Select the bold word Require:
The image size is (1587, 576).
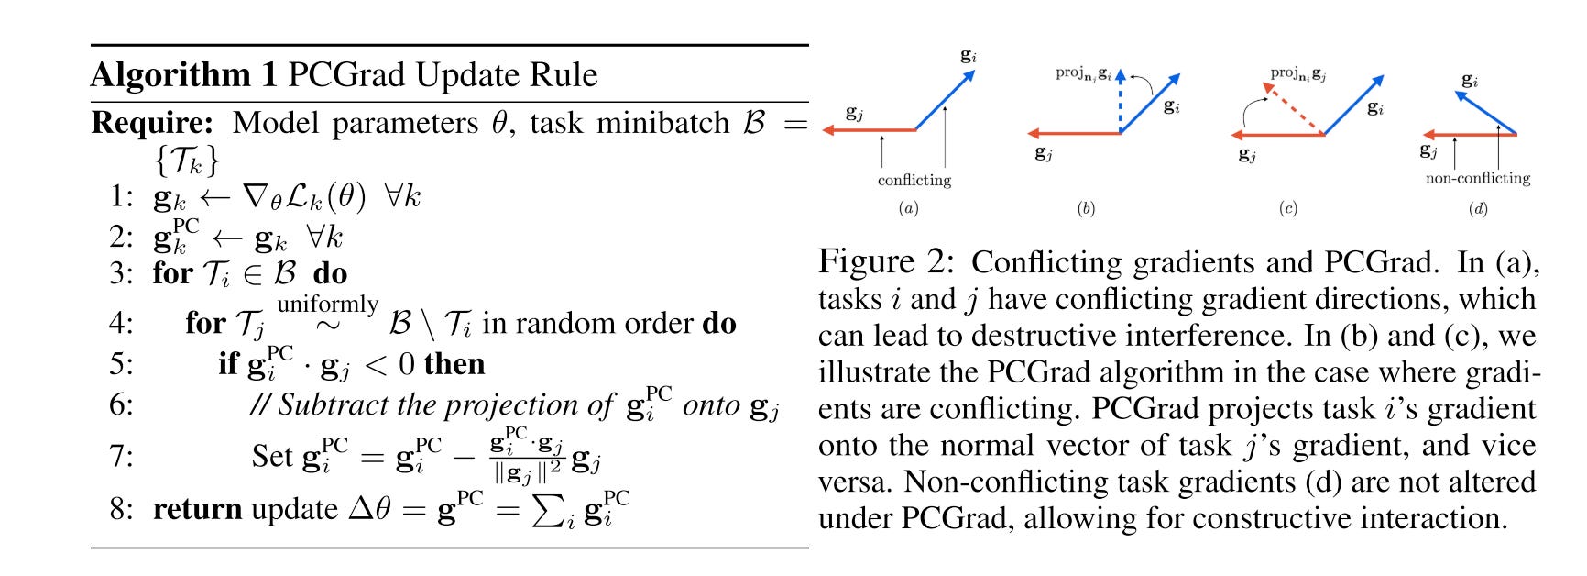152,123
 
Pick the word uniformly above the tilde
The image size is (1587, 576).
327,304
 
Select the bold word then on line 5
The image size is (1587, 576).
454,365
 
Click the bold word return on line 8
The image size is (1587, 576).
197,509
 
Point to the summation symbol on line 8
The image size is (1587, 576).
548,510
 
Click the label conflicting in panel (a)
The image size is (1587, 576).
914,181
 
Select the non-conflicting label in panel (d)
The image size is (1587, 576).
1477,179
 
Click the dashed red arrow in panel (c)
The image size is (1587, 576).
1293,108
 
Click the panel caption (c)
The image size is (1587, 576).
1287,209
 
